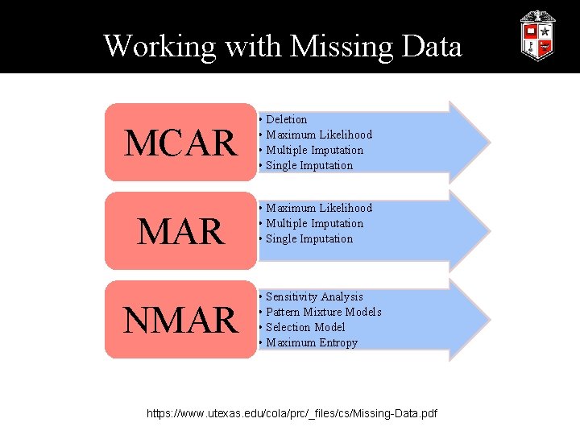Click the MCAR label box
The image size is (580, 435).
click(x=179, y=143)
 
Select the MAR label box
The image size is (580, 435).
click(x=179, y=231)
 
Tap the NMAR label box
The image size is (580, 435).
click(x=179, y=320)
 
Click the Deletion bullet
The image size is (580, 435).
click(x=286, y=119)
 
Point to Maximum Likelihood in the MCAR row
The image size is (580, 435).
click(x=318, y=135)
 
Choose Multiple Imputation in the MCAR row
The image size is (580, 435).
click(x=314, y=150)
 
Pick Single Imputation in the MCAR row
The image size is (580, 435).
click(x=309, y=165)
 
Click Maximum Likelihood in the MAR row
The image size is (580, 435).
click(x=318, y=208)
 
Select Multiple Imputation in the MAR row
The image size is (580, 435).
click(x=314, y=223)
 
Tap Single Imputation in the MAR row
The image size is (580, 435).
click(x=309, y=238)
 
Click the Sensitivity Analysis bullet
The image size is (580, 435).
click(x=314, y=296)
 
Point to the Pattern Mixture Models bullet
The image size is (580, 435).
click(x=323, y=312)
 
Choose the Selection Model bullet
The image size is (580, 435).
click(x=304, y=327)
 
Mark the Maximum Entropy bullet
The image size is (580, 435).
click(x=311, y=342)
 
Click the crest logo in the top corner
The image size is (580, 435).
click(x=537, y=35)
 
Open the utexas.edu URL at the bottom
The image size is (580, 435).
click(x=292, y=413)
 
